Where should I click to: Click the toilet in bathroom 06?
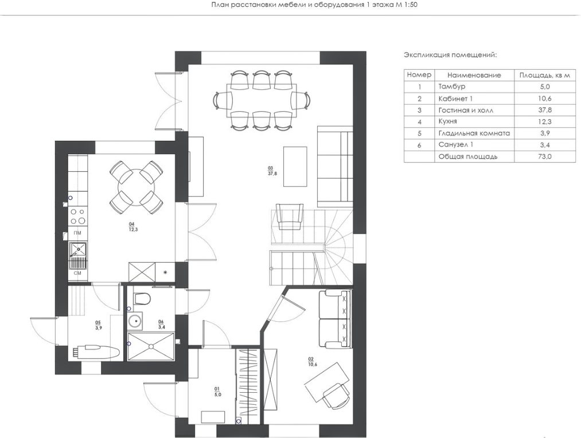(x=142, y=298)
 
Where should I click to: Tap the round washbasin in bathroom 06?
(x=135, y=321)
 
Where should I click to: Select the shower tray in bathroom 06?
(x=150, y=346)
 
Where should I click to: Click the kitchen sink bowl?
(x=78, y=249)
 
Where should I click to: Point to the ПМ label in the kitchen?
(x=77, y=232)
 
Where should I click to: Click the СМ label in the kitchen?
(x=77, y=273)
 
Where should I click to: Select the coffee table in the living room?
(x=295, y=167)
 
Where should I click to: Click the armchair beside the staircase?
(x=290, y=216)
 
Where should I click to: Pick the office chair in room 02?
(x=336, y=396)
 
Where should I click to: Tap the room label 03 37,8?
(x=272, y=170)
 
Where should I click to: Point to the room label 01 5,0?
(x=217, y=392)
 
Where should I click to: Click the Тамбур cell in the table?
(x=452, y=86)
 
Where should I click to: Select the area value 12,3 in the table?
(x=545, y=121)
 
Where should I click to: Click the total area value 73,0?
(x=545, y=156)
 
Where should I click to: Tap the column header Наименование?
(x=474, y=75)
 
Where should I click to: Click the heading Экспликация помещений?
(x=450, y=55)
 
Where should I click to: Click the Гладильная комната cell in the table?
(x=474, y=133)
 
